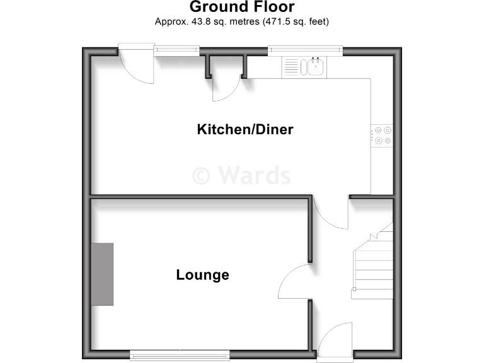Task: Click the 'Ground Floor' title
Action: pos(242,8)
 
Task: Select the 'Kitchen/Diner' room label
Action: pos(245,130)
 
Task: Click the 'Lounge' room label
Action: pos(202,275)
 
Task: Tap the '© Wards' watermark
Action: pos(241,175)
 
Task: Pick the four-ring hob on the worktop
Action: pos(383,135)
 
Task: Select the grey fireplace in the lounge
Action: pos(102,274)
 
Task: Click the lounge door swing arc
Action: pos(294,282)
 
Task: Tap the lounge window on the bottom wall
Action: pos(180,355)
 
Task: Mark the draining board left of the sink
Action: pos(291,66)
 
